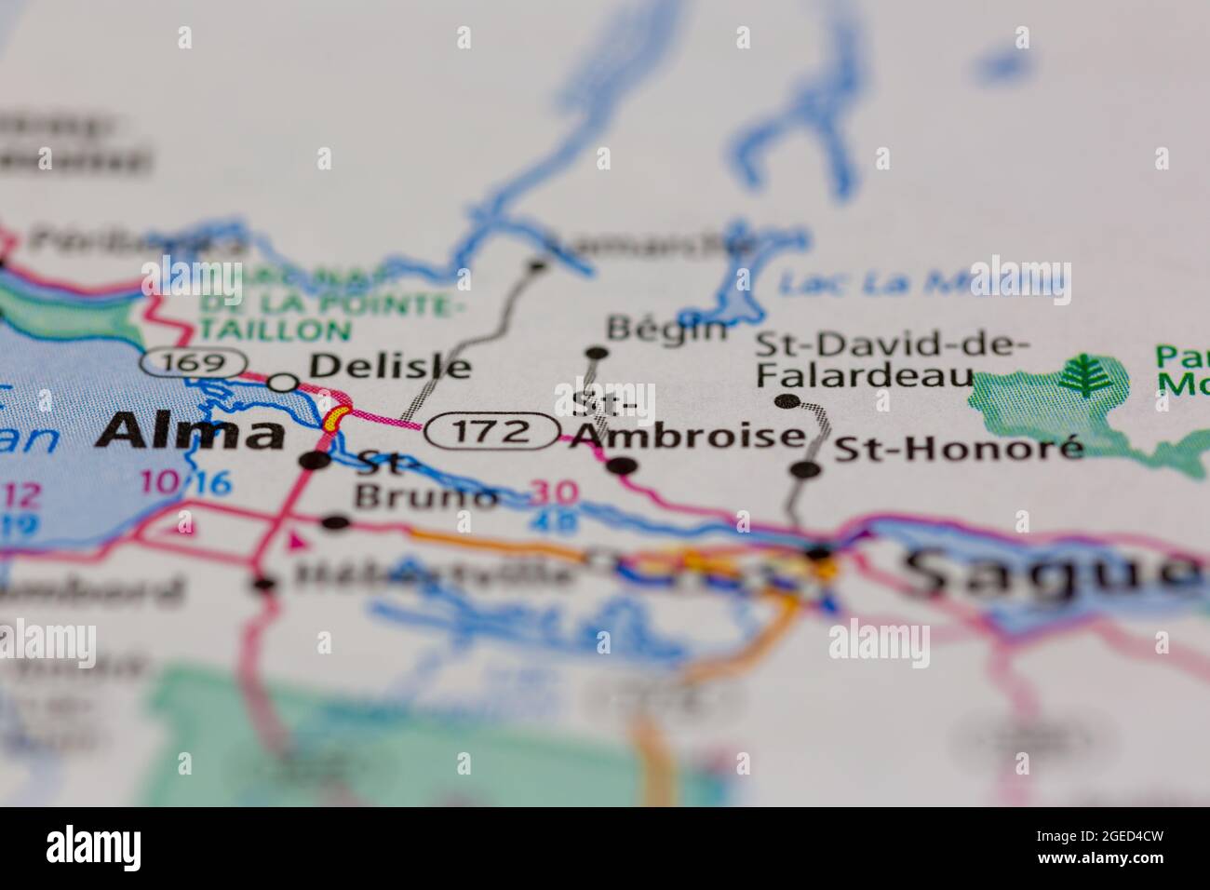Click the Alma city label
point(193,432)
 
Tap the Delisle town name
point(389,366)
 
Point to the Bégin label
point(665,328)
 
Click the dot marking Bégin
point(597,353)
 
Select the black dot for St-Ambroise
point(624,465)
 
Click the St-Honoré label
point(959,449)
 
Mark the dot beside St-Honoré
point(806,469)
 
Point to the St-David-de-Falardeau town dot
point(788,401)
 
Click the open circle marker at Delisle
point(284,382)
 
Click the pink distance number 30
point(555,492)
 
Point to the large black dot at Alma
point(317,460)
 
